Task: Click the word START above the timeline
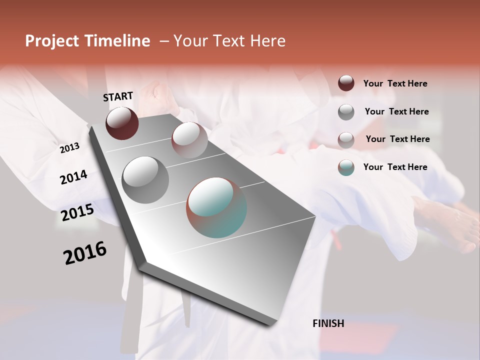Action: [118, 96]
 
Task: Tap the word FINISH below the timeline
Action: [328, 323]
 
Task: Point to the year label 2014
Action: [73, 177]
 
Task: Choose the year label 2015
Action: [77, 213]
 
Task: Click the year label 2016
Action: [85, 253]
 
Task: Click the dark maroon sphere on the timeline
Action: [122, 123]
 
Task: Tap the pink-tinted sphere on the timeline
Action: [189, 139]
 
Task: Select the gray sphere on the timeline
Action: [145, 179]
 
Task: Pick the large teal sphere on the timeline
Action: [216, 207]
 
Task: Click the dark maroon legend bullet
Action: [346, 83]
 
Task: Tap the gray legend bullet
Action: [346, 111]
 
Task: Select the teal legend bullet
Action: [346, 167]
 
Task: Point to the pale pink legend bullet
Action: [346, 139]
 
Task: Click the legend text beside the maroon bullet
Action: [395, 83]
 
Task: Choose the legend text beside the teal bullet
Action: [395, 167]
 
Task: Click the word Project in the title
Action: [52, 41]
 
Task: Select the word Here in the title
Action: [268, 41]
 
